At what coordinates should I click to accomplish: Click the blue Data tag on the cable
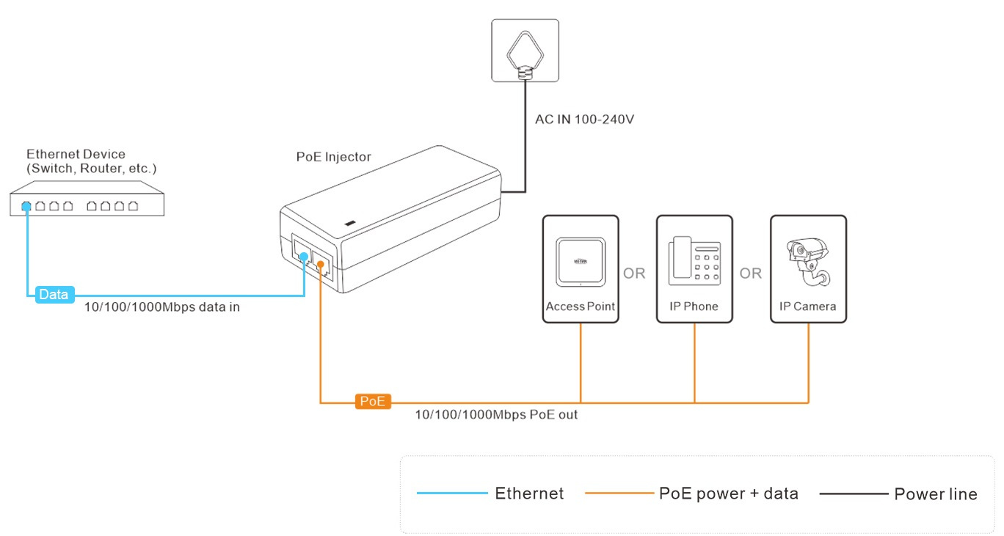tap(54, 295)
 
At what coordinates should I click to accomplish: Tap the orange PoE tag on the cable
tap(373, 401)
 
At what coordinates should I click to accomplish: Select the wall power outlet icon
tap(525, 50)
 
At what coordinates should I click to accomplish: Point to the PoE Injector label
tap(333, 157)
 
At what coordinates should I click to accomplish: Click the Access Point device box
tap(580, 268)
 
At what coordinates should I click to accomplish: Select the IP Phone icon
tap(694, 263)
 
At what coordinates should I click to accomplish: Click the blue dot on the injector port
tap(305, 256)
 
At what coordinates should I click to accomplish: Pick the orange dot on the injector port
tap(320, 262)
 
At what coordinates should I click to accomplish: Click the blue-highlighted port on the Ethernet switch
tap(26, 206)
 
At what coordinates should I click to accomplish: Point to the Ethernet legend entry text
tap(529, 493)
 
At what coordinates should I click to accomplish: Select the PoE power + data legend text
tap(728, 493)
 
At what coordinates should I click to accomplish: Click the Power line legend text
tap(935, 494)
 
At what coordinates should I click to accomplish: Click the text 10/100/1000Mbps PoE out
tap(496, 415)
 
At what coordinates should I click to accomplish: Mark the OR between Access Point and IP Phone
tap(634, 273)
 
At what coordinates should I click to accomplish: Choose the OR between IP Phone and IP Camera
tap(750, 273)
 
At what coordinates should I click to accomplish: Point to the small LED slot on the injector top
tap(350, 223)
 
